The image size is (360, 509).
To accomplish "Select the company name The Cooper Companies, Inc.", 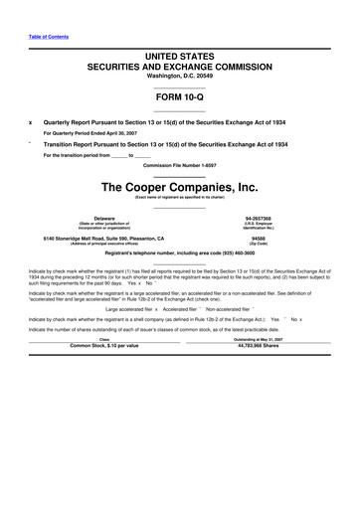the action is [179, 185].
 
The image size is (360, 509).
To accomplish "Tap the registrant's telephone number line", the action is [179, 254].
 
